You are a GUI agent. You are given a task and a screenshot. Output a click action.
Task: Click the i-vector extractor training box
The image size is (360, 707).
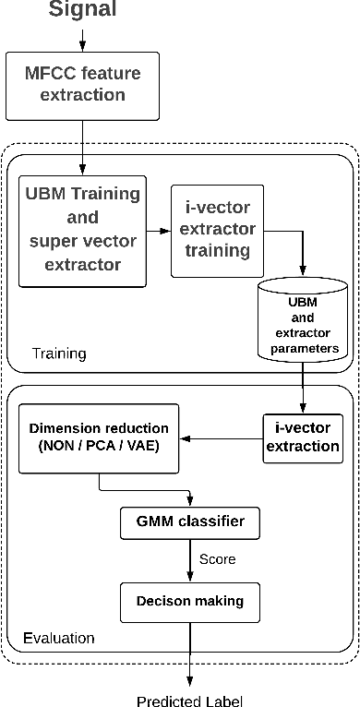tap(217, 230)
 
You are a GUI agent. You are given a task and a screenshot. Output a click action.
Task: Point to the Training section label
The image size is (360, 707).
tap(59, 353)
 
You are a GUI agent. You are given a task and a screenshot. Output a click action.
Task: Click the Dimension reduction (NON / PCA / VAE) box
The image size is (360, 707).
tap(99, 437)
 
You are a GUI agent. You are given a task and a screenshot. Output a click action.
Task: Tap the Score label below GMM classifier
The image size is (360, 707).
tap(218, 559)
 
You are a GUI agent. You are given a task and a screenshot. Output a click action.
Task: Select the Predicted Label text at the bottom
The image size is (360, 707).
tap(190, 701)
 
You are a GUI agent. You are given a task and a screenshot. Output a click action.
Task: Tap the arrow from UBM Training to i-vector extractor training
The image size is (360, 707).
tap(159, 231)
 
